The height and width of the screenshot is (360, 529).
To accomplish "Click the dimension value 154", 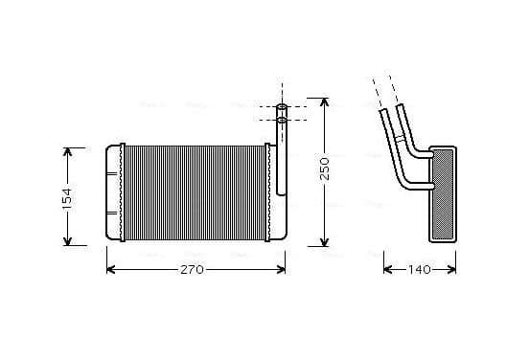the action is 67,197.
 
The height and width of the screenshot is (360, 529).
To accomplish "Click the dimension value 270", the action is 192,270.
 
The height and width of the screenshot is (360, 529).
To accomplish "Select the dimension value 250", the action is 324,169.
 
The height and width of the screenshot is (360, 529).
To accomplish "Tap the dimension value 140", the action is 420,270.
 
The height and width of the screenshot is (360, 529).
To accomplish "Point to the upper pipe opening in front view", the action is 282,107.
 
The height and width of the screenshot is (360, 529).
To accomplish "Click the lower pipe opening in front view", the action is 282,120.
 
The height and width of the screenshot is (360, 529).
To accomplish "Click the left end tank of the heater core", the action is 113,192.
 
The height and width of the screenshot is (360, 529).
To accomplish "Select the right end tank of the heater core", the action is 278,192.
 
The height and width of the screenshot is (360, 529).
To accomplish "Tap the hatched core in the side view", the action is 443,194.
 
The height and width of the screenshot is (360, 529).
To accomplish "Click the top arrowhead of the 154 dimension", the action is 67,151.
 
